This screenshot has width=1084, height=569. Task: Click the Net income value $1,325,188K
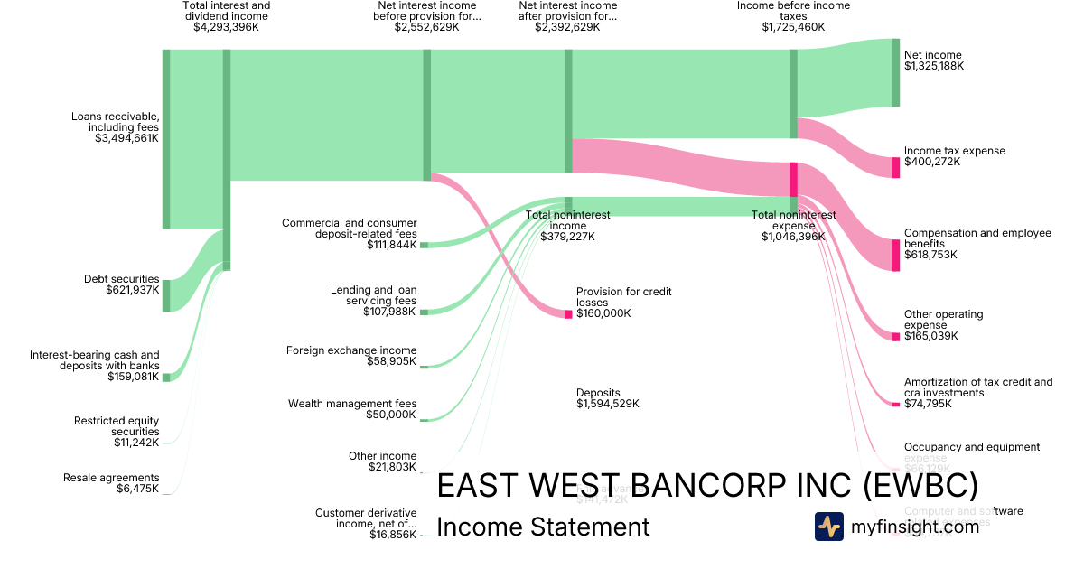point(934,66)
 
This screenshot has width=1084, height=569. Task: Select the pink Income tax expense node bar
point(896,167)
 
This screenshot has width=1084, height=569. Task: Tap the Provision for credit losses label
point(623,297)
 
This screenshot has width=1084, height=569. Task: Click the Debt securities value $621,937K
point(127,290)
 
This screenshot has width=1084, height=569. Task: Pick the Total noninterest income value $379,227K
point(567,237)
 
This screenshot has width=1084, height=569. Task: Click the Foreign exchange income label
point(351,350)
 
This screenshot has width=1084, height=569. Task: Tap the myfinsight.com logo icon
point(828,527)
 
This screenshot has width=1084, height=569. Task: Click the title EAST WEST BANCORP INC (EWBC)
point(706,486)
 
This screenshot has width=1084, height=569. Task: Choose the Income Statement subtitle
point(543,527)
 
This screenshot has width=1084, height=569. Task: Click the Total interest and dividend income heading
point(226,11)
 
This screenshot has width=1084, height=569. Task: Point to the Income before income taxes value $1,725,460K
point(793,27)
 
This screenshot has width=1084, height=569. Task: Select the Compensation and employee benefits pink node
point(896,255)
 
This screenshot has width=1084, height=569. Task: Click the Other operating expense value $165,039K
point(930,336)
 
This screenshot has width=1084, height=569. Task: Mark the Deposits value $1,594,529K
point(607,404)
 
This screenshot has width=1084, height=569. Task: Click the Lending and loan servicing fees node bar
point(424,312)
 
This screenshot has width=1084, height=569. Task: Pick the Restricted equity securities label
point(117,426)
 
